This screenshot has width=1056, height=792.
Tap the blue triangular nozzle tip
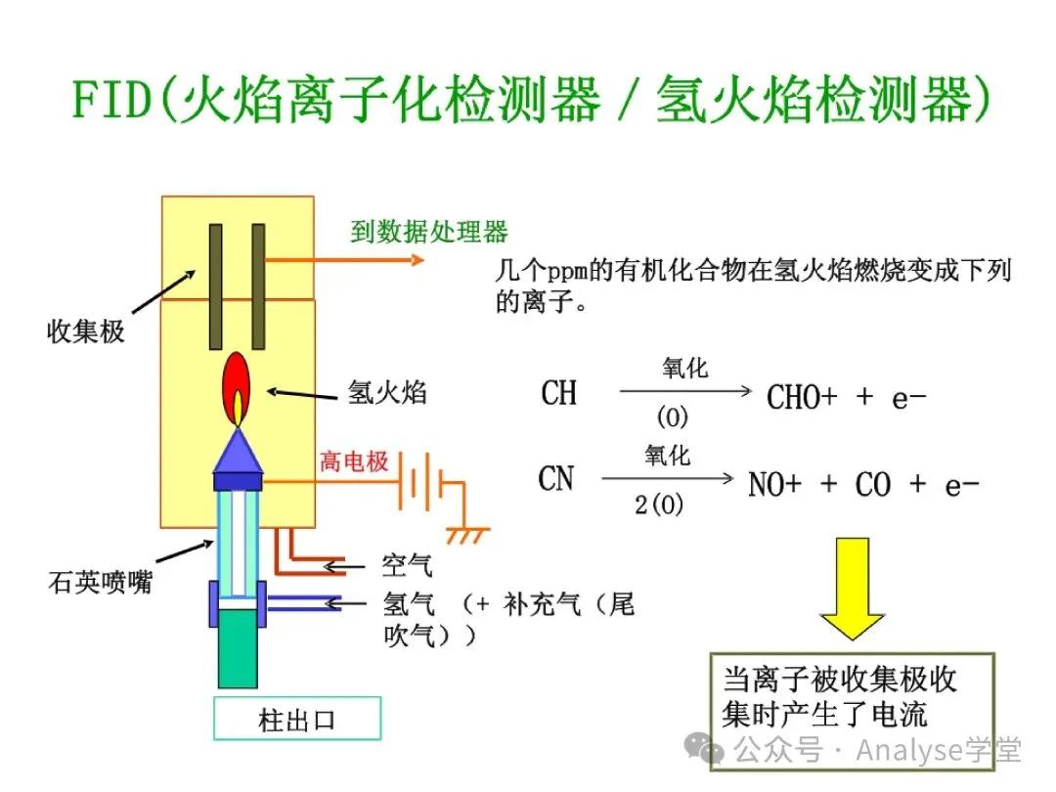238,451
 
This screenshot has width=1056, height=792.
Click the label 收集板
86,331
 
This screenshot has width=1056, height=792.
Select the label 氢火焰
387,393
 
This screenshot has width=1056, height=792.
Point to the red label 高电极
354,462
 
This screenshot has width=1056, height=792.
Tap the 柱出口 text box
296,722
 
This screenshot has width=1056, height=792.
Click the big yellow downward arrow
852,588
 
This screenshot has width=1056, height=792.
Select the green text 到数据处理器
429,232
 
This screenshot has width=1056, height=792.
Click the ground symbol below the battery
466,534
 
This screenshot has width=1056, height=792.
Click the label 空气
407,565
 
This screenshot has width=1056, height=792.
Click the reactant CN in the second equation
556,479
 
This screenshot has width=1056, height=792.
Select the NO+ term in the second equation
778,484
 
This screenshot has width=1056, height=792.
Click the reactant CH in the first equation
559,393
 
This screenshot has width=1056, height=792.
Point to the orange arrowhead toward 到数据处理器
418,260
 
